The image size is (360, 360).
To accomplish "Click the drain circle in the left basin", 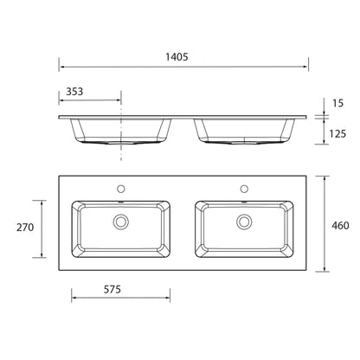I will coord(120,222).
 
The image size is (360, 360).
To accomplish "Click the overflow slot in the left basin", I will coord(120,204).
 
